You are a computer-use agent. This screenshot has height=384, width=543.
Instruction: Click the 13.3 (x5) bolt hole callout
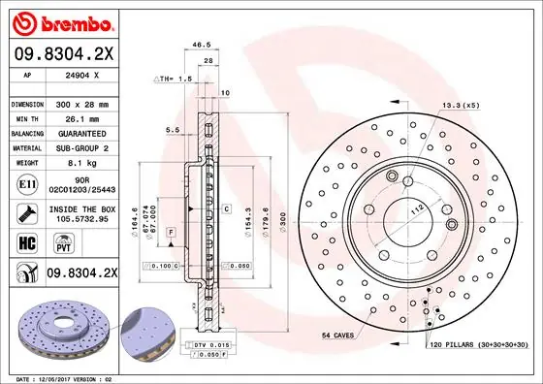461,104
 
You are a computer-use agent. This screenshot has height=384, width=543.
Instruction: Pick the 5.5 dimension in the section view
171,129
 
